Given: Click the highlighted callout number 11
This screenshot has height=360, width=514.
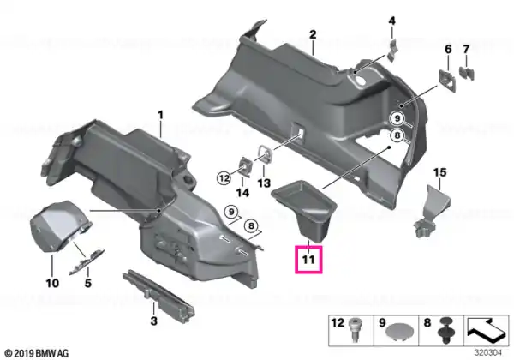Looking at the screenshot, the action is (308, 260).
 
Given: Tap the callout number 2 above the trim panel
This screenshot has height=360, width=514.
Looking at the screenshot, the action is (313, 34).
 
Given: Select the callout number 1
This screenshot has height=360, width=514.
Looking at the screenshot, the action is (160, 115).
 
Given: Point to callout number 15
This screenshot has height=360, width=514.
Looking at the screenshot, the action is (392, 21).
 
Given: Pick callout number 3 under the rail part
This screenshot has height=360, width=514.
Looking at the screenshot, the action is (153, 321).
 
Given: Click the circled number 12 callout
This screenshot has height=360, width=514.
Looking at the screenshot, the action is (224, 178).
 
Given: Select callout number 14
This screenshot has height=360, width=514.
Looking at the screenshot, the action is (243, 193).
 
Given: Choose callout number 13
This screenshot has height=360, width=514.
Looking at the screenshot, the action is (264, 183).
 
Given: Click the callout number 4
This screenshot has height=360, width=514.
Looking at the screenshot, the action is (392, 21).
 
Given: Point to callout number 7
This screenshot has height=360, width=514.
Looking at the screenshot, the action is (466, 50).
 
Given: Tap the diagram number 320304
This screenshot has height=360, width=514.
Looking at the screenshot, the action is (487, 352).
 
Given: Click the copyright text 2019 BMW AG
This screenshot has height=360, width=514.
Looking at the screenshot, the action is (37, 353).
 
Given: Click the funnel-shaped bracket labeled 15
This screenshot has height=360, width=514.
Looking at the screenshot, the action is (431, 211).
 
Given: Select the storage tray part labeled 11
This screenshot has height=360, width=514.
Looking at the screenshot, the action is (303, 209).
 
